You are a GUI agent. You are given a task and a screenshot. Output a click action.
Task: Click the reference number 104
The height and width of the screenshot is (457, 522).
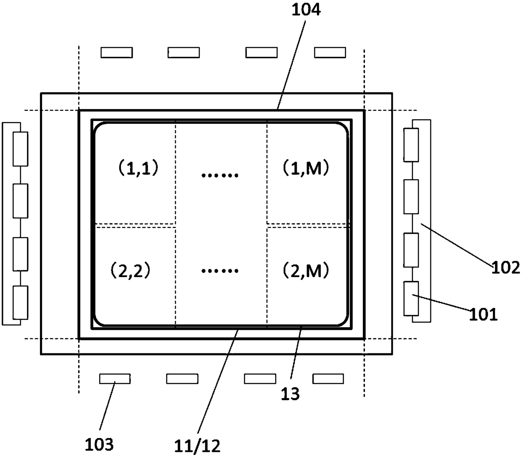pos(306,9)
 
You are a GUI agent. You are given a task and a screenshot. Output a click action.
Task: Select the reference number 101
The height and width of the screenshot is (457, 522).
pos(484,314)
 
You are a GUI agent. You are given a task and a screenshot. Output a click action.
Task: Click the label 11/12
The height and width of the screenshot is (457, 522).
pos(197,446)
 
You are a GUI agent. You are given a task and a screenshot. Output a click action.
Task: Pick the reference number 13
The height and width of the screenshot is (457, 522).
pos(290,394)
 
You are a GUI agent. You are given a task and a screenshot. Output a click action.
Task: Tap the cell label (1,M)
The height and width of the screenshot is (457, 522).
pos(305,168)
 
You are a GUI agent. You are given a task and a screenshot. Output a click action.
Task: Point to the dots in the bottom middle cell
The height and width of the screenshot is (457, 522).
pos(220,271)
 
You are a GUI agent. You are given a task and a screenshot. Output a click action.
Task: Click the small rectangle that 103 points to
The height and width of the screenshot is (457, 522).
pos(115,379)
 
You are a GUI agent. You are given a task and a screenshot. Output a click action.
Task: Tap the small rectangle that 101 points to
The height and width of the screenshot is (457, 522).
pos(411,298)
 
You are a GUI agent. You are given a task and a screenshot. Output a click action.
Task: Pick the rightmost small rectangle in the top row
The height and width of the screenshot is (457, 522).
pos(330,52)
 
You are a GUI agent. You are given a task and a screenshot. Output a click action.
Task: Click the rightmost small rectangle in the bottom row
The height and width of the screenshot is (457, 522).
pos(328,379)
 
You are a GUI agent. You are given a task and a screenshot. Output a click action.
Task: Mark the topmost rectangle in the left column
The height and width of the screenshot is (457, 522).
pos(21,149)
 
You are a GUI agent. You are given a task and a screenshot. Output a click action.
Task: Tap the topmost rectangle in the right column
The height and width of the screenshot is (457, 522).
pos(411,145)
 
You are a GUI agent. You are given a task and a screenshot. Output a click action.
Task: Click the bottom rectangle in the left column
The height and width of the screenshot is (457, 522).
pos(21,302)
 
